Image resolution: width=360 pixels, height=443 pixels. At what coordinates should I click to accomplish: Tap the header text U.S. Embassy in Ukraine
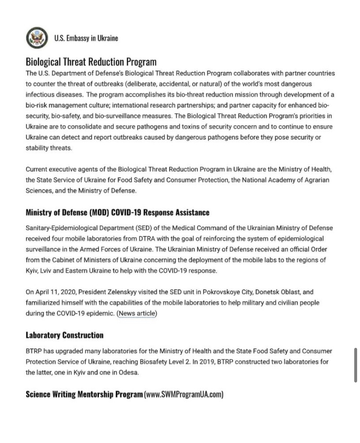[86, 38]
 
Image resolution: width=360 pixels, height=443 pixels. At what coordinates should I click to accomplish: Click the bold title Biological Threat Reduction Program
[91, 62]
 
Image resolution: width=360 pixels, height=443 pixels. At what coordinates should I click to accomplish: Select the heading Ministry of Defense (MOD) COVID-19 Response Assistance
[117, 212]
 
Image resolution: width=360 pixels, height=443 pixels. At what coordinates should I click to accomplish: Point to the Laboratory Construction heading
[64, 335]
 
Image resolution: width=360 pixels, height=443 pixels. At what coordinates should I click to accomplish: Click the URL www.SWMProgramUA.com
[183, 394]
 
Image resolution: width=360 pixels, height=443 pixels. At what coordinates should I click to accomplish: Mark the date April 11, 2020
[55, 292]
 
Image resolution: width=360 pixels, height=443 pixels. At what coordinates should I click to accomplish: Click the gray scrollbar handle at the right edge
[355, 365]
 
